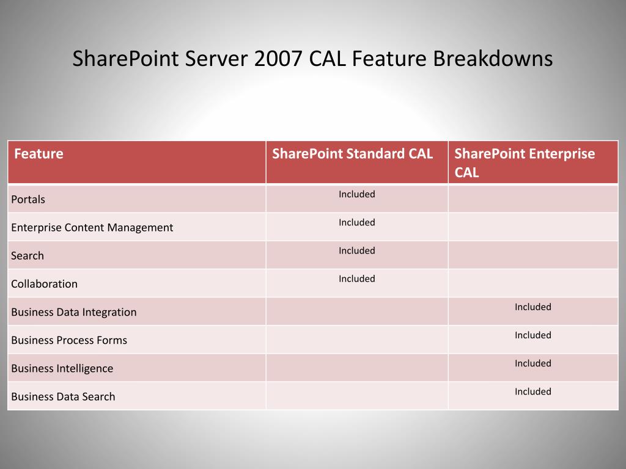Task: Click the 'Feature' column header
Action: point(39,154)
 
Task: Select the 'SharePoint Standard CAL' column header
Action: point(352,154)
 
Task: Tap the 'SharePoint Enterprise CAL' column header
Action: point(525,163)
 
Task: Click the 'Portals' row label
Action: point(28,200)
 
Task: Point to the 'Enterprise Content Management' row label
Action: point(92,228)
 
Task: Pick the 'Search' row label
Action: point(28,256)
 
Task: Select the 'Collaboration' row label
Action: point(44,284)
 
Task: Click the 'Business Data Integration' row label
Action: point(74,312)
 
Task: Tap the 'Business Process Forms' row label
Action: point(69,340)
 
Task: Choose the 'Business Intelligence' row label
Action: point(62,368)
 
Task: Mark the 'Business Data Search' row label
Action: point(63,397)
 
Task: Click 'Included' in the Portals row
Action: point(357,194)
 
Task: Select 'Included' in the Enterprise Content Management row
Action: point(357,222)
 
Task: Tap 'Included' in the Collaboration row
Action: point(357,278)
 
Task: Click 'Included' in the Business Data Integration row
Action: point(533,307)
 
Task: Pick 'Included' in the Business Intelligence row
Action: point(533,363)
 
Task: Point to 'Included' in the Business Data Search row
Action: point(533,391)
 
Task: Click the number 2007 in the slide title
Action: point(278,58)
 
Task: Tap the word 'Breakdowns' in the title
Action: point(493,58)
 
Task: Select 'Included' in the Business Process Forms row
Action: point(533,335)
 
